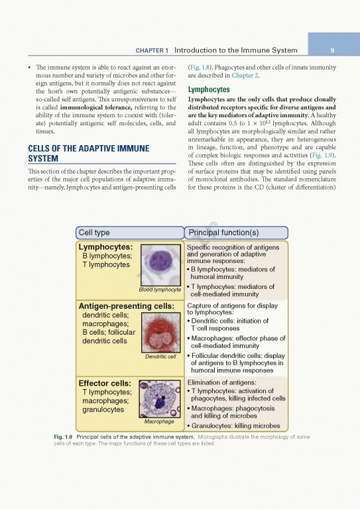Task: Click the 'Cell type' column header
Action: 94,233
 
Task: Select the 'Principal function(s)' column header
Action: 223,233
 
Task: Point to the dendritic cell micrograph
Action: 161,332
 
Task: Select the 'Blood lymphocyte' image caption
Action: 160,290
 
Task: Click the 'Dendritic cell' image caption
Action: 160,357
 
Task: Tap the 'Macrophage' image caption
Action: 158,421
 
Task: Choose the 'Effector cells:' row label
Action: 105,383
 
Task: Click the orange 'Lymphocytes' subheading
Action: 209,89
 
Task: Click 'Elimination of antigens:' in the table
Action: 224,382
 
